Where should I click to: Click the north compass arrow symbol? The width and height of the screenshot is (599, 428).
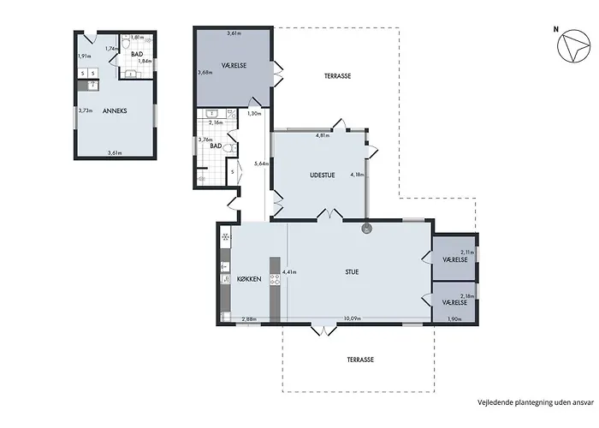tap(573, 45)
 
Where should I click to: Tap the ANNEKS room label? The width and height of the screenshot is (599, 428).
tap(115, 110)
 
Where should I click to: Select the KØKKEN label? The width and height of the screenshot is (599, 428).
tap(249, 279)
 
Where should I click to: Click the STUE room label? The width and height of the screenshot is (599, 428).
tap(352, 272)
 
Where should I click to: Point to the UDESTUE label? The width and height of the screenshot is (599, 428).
tap(322, 175)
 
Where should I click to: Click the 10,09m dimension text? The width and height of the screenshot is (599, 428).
tap(353, 318)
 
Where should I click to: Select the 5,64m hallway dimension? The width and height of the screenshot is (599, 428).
tap(261, 163)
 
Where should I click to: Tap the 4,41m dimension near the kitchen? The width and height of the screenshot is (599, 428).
tap(289, 272)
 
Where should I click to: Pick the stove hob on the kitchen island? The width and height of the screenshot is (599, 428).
tap(275, 279)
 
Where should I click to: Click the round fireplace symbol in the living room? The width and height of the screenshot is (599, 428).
tap(367, 229)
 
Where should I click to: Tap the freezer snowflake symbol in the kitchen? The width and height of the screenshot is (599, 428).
tap(225, 237)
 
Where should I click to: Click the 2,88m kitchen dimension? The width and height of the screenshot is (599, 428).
tap(249, 319)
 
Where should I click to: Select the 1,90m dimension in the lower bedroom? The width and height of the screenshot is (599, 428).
tap(454, 319)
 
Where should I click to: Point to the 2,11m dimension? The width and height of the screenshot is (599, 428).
tap(467, 253)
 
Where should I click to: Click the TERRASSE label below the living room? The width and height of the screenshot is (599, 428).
tap(360, 360)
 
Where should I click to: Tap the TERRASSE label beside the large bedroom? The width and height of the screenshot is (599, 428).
tap(338, 76)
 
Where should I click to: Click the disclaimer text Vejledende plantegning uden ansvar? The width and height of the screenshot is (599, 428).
tap(536, 402)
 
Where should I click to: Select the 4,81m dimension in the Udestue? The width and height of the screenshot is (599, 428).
tap(323, 135)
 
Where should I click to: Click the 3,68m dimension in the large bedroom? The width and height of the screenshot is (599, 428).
tap(205, 72)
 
